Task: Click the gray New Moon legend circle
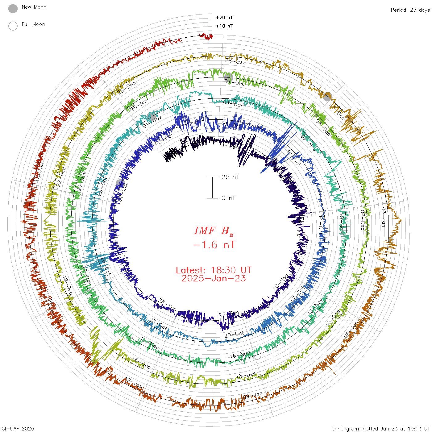13,9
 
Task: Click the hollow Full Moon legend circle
13,26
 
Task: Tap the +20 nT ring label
224,18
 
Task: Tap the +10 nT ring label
224,26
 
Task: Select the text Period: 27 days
410,10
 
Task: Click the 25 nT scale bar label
230,177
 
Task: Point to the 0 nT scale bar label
228,198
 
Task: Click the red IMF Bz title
214,231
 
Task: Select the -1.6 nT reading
214,245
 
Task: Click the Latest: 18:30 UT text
214,270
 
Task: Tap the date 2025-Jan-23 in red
214,278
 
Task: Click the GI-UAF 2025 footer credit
18,429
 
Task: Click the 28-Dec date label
235,61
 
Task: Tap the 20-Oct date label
234,334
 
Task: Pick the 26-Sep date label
167,305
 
